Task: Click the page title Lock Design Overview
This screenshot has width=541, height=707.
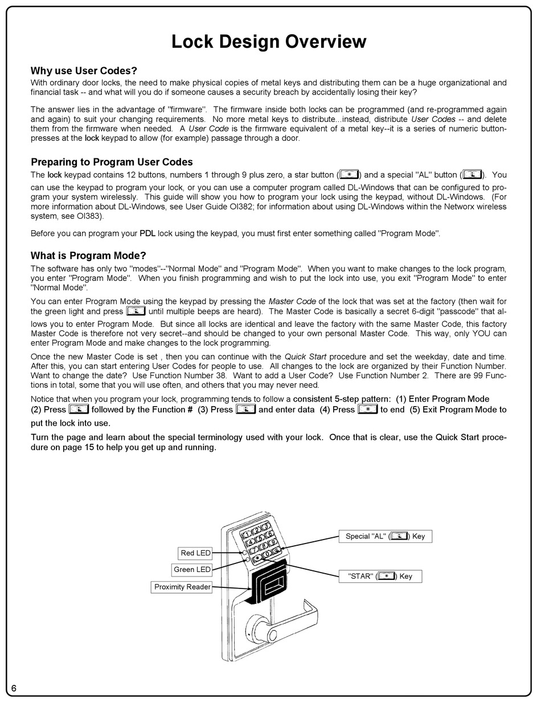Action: tap(269, 42)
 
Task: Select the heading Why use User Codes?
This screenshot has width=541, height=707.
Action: tap(84, 71)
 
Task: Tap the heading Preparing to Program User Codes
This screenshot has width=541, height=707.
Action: tap(112, 162)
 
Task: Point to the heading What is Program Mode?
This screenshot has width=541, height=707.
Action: tap(88, 256)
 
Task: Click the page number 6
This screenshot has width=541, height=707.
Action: tap(14, 688)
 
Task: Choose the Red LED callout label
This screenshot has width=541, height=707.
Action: tap(195, 553)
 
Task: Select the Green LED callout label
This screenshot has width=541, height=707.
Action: tap(192, 569)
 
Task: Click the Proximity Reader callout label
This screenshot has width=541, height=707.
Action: tap(182, 586)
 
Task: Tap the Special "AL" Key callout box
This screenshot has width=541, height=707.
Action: tap(385, 536)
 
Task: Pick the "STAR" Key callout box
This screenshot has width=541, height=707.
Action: tap(380, 576)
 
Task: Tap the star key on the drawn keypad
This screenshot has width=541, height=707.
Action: tap(257, 559)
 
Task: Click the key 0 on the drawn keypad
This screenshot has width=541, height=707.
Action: tap(267, 554)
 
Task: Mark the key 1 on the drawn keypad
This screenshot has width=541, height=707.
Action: tap(247, 534)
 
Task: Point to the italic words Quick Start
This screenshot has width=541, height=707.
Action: tap(306, 357)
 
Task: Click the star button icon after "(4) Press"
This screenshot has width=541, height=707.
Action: tap(367, 409)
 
